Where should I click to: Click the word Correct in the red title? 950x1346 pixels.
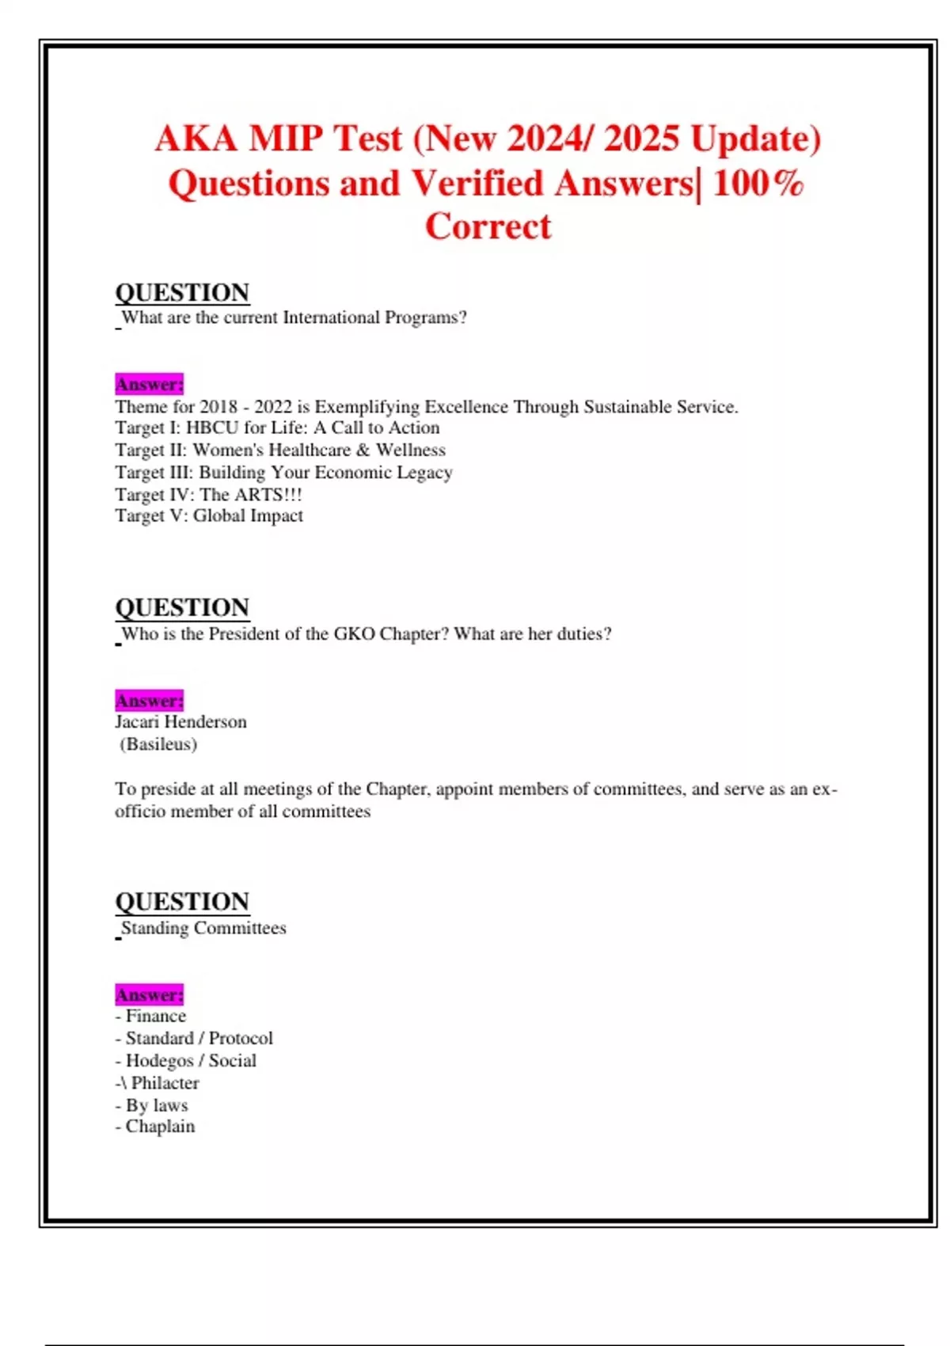488,226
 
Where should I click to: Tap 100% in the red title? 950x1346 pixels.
758,184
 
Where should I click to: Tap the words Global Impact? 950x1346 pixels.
248,515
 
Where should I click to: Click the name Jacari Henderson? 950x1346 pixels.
180,721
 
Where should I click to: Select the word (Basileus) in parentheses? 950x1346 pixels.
158,744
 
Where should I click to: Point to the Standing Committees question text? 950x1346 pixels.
203,928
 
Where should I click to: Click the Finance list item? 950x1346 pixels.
155,1016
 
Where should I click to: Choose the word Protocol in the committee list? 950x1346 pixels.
241,1038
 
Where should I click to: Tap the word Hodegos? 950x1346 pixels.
159,1060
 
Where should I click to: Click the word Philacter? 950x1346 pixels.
165,1082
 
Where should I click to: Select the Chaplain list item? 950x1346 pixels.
160,1126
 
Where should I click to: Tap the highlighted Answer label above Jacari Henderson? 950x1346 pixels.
149,701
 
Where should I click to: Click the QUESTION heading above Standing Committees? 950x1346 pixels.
182,902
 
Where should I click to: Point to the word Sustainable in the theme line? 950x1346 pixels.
626,407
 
